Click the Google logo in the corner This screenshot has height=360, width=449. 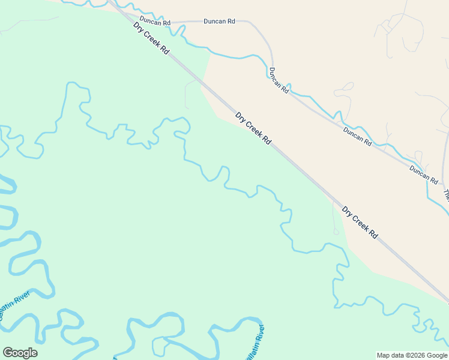(20, 353)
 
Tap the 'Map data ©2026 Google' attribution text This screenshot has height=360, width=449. (412, 355)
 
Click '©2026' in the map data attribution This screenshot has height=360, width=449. (408, 355)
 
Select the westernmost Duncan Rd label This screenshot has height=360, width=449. (155, 22)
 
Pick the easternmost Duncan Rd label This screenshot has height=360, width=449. (424, 175)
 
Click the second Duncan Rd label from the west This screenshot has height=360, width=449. (219, 22)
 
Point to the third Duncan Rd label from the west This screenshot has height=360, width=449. (279, 80)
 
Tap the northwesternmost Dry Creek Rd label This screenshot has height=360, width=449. (151, 39)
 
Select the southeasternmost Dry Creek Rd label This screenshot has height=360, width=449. (360, 223)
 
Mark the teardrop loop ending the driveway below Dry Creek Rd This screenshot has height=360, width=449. (336, 232)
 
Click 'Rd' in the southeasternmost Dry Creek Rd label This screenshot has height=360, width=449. (373, 234)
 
